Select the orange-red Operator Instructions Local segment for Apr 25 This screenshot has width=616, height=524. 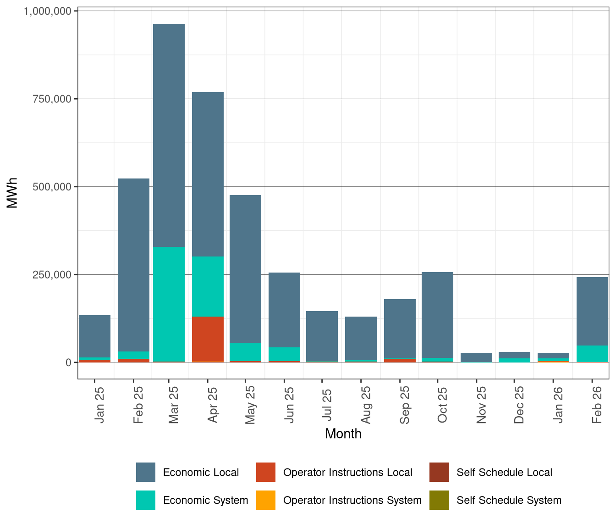[x=208, y=339]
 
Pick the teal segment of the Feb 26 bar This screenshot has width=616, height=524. [x=592, y=354]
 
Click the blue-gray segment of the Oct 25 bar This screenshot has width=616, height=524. [x=437, y=315]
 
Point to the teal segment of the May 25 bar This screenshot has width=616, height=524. [x=245, y=352]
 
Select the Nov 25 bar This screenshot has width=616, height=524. [x=476, y=357]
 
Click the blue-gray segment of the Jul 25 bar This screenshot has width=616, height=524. [x=322, y=336]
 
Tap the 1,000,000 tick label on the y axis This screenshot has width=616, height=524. [x=47, y=11]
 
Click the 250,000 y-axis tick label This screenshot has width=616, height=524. [x=53, y=274]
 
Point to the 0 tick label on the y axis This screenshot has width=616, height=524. [x=68, y=362]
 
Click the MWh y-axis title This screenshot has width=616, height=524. [x=12, y=193]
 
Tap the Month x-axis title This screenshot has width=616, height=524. [x=343, y=434]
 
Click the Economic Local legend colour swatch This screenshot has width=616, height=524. [x=146, y=472]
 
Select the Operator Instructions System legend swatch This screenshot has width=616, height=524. [x=266, y=500]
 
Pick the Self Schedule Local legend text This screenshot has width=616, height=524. [x=504, y=472]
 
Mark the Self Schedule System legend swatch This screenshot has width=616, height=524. [x=439, y=500]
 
